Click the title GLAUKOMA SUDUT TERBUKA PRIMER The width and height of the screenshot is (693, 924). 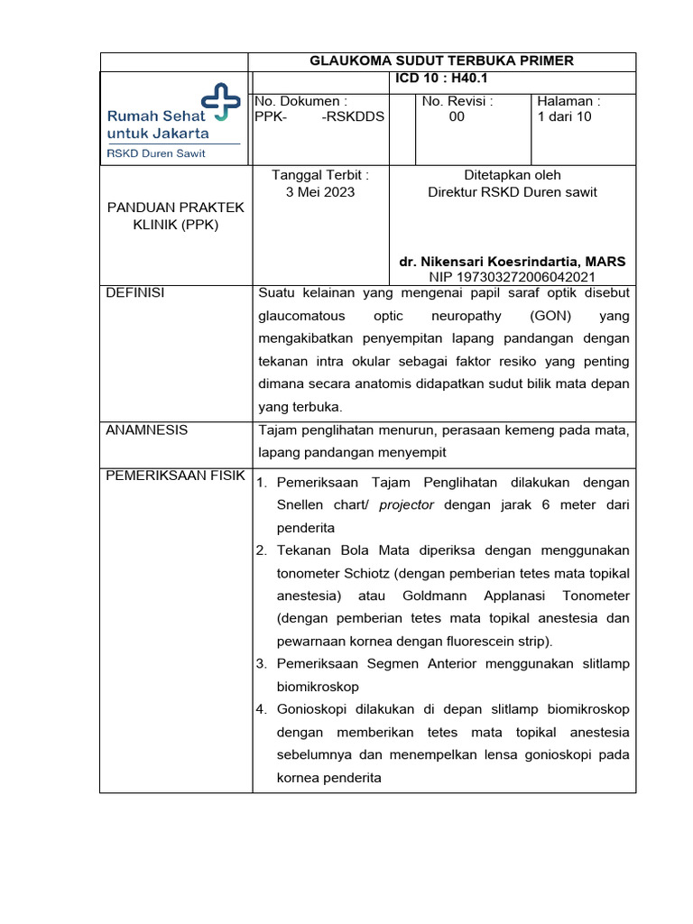pyautogui.click(x=441, y=60)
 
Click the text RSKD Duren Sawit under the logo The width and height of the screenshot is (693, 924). pyautogui.click(x=156, y=153)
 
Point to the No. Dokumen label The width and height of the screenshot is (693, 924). pyautogui.click(x=301, y=101)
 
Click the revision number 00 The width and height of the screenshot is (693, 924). pyautogui.click(x=457, y=116)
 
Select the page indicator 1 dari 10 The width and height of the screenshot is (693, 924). pyautogui.click(x=564, y=116)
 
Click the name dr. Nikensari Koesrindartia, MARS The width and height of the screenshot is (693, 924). pyautogui.click(x=512, y=261)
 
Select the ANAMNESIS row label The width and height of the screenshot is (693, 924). pyautogui.click(x=147, y=430)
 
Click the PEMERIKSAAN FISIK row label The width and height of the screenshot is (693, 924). pyautogui.click(x=175, y=476)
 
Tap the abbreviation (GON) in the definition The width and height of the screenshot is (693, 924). pyautogui.click(x=550, y=317)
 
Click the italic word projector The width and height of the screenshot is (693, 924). pyautogui.click(x=406, y=505)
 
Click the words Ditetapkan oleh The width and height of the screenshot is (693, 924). pyautogui.click(x=512, y=175)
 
